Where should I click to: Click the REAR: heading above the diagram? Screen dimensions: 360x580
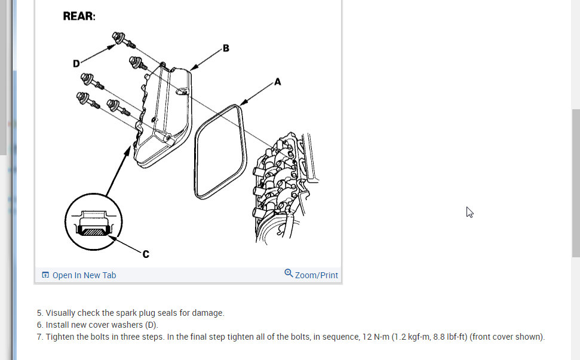point(79,16)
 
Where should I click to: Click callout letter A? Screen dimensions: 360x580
point(277,82)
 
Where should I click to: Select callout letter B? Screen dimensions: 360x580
point(226,48)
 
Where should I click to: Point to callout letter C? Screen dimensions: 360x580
point(146,254)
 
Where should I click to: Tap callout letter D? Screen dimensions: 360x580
point(76,63)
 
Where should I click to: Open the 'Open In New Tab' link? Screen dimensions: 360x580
point(84,275)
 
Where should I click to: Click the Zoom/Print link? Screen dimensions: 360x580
point(316,275)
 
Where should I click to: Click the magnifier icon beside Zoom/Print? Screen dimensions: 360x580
point(289,273)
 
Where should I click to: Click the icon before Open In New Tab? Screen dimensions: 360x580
point(45,275)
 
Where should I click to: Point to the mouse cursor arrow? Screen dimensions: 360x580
point(469,211)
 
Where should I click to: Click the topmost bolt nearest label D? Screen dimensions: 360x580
point(119,38)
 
